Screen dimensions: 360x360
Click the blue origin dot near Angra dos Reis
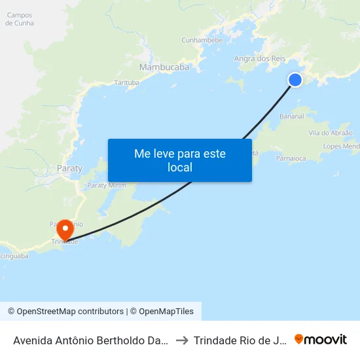295,79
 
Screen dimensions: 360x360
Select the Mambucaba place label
164,67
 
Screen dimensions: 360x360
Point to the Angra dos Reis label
260,59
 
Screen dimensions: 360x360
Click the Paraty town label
70,168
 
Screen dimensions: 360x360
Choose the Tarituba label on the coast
127,82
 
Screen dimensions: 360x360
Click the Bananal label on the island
291,117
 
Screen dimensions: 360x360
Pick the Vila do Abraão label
331,133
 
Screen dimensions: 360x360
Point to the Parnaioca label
291,158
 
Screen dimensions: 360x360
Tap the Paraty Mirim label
107,185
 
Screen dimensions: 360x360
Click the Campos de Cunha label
19,19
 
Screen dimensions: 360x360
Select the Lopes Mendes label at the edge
341,147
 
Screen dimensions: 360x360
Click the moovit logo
321,339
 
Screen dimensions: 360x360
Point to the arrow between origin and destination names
183,340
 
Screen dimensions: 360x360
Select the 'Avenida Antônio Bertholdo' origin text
91,340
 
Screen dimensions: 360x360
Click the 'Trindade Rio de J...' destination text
241,340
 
